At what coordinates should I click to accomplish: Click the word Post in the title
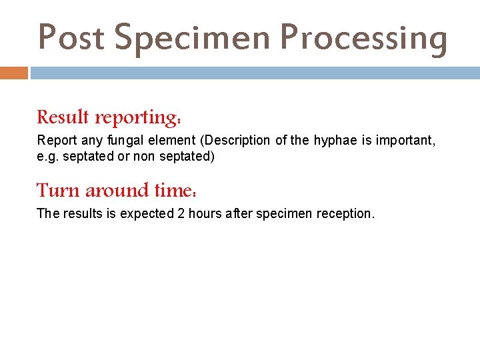point(71,38)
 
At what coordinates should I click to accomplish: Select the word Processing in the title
point(364,38)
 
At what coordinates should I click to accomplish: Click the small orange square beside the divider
point(14,73)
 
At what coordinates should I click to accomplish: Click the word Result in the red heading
point(63,117)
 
